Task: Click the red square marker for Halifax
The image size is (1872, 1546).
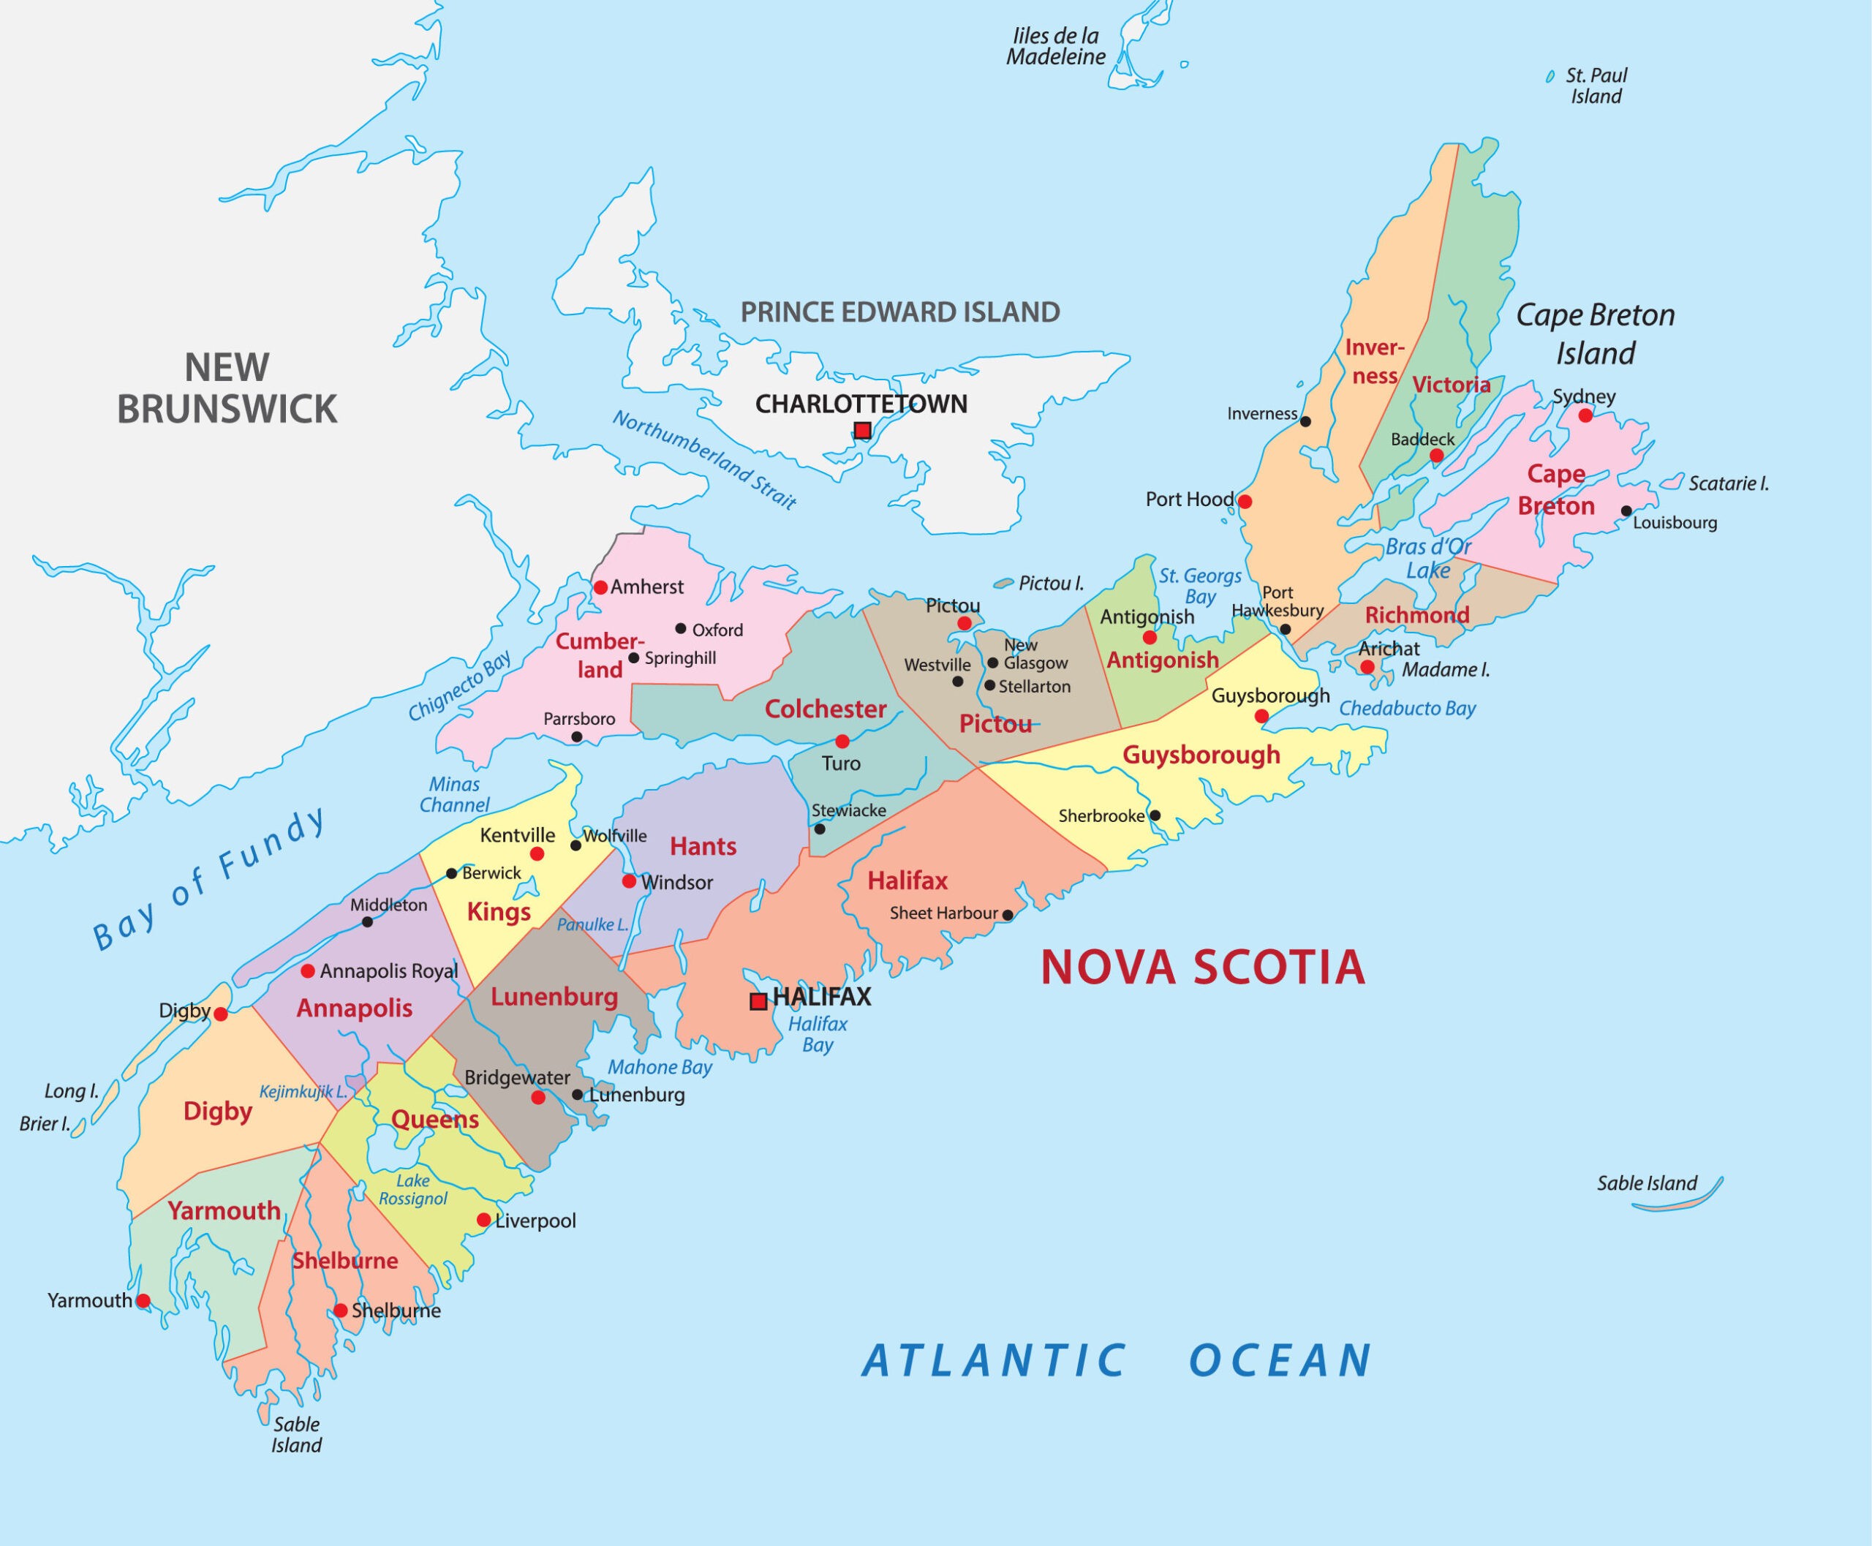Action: tap(758, 1002)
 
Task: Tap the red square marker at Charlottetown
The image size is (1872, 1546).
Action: tap(862, 431)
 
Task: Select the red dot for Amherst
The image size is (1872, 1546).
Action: tap(601, 588)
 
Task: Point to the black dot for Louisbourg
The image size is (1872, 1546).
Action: tap(1626, 511)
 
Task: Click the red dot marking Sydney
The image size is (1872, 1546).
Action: tap(1585, 415)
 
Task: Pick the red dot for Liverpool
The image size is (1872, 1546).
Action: tap(483, 1219)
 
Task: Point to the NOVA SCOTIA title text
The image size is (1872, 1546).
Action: tap(1202, 968)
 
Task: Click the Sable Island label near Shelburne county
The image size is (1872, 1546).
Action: tap(297, 1435)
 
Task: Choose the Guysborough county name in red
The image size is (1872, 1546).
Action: tap(1201, 755)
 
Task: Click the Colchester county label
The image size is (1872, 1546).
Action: tap(826, 710)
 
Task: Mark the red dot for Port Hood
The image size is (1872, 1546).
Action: tap(1245, 502)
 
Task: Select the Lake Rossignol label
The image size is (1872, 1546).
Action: tap(413, 1190)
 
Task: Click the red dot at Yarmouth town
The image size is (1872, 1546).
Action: tap(143, 1301)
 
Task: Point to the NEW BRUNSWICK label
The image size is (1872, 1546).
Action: tap(227, 388)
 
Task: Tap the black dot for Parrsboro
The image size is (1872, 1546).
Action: tap(577, 737)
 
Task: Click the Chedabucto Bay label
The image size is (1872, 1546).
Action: tap(1407, 709)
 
